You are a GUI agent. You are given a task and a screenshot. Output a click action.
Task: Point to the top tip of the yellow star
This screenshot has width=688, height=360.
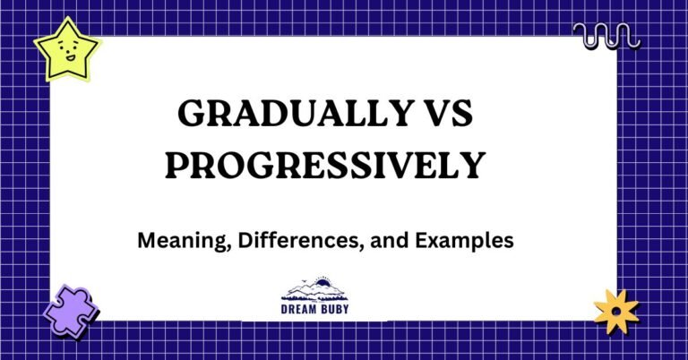pos(60,16)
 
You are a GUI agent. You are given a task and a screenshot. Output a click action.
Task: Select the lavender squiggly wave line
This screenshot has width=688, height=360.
pos(606,36)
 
